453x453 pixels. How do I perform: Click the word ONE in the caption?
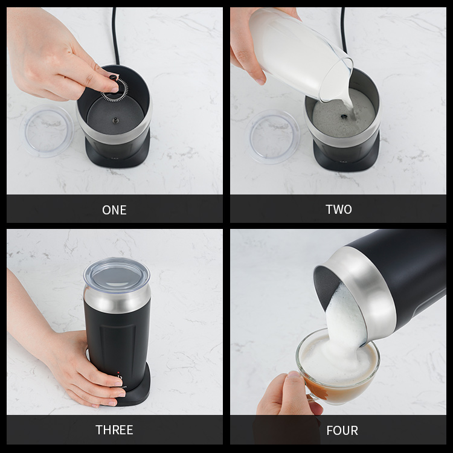(x=114, y=210)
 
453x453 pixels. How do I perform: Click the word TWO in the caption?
(x=339, y=210)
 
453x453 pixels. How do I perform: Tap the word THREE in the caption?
(x=114, y=430)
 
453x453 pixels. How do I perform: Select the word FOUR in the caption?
(x=342, y=431)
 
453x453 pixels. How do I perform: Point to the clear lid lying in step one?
(x=47, y=130)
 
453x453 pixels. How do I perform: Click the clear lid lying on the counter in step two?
(x=272, y=137)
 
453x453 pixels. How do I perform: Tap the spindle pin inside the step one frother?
(x=115, y=120)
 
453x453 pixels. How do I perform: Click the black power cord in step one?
(x=115, y=34)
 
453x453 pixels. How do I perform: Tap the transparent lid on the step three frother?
(x=117, y=273)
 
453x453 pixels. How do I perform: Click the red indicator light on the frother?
(x=118, y=373)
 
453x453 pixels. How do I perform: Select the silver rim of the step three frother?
(x=117, y=299)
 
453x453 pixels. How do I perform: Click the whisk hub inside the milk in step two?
(x=344, y=117)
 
